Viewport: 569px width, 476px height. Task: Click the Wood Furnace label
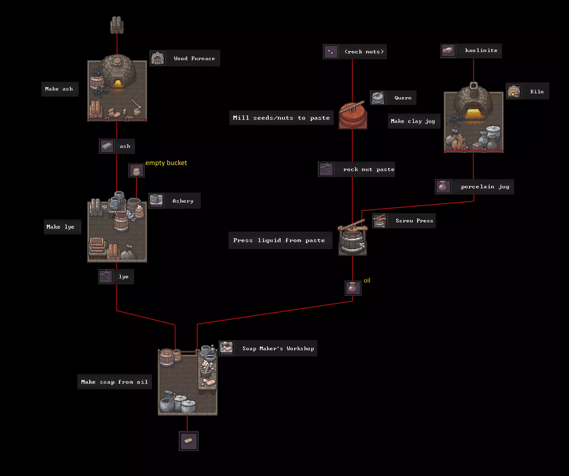194,58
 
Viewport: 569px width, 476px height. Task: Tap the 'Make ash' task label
59,89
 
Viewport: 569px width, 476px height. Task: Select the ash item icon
107,146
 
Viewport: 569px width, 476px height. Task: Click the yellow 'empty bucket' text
166,163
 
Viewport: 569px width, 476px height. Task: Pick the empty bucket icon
136,171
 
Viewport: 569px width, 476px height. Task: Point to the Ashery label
183,201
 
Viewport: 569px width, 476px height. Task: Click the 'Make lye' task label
61,227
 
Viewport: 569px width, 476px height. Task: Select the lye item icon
106,277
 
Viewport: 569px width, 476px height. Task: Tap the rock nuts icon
331,52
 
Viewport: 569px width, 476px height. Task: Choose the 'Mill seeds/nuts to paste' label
281,118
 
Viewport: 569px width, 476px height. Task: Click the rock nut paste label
368,169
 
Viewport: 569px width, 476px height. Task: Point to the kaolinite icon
448,50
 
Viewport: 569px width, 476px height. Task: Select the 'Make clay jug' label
413,121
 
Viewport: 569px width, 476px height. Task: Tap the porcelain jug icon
443,187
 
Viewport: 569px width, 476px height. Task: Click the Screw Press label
414,221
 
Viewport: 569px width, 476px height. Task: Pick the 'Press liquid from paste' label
279,240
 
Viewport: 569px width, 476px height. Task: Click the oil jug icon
353,288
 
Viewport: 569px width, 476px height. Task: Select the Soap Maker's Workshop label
278,349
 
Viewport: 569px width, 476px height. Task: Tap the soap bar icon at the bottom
188,441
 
